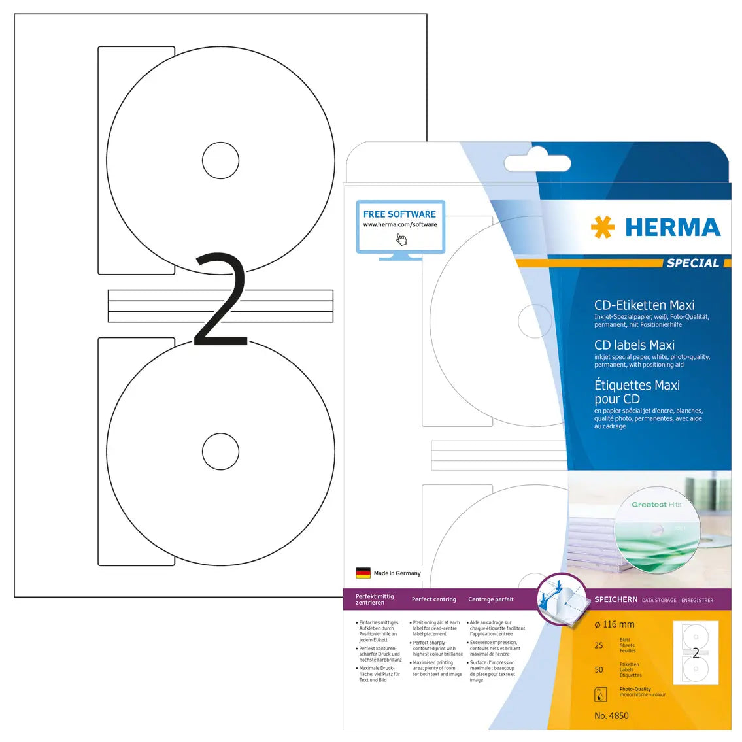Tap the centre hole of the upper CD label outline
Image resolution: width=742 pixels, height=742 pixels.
pyautogui.click(x=220, y=160)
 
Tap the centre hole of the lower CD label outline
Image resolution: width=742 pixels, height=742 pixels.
pyautogui.click(x=220, y=451)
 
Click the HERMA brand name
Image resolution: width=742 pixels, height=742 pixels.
pyautogui.click(x=673, y=228)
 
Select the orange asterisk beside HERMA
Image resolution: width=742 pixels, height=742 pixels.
pyautogui.click(x=602, y=228)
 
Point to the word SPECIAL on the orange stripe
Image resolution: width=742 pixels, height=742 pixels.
pyautogui.click(x=692, y=263)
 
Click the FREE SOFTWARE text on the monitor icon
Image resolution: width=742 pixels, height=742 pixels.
pyautogui.click(x=399, y=214)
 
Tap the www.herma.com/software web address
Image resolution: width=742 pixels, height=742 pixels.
pyautogui.click(x=400, y=224)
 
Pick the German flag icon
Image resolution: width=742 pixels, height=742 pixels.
pyautogui.click(x=363, y=573)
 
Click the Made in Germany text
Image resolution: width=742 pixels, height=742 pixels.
pyautogui.click(x=397, y=573)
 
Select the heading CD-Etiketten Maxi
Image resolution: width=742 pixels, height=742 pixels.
pyautogui.click(x=644, y=305)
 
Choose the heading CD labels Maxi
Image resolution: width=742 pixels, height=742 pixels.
pyautogui.click(x=634, y=345)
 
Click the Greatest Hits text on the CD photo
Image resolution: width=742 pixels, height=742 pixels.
pyautogui.click(x=656, y=505)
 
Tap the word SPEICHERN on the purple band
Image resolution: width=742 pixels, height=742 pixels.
pyautogui.click(x=616, y=599)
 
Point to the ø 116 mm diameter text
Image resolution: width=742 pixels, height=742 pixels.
pyautogui.click(x=615, y=624)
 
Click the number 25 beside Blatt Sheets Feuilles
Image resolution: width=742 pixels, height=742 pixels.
pyautogui.click(x=599, y=645)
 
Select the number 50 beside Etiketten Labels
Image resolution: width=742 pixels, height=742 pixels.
pyautogui.click(x=599, y=669)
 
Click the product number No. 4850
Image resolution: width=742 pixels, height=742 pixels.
pyautogui.click(x=611, y=716)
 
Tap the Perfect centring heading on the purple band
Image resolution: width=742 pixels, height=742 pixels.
pyautogui.click(x=433, y=599)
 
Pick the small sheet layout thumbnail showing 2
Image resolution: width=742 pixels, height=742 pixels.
pyautogui.click(x=695, y=653)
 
